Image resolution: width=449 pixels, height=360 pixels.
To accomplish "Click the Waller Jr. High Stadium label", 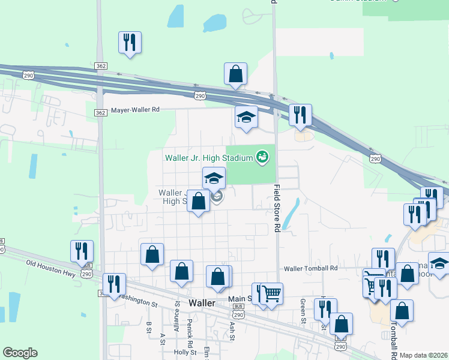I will click(x=208, y=158).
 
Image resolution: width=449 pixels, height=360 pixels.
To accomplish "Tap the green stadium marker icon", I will click(x=262, y=158).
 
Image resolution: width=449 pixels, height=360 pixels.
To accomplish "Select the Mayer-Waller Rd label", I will click(x=136, y=110).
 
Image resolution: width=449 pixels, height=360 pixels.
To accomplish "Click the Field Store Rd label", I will click(x=277, y=208).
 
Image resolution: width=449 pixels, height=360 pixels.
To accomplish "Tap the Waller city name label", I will click(x=202, y=303).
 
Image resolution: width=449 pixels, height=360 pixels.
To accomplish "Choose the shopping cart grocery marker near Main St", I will click(x=271, y=293).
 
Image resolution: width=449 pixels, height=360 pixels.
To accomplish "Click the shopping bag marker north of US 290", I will click(x=236, y=74).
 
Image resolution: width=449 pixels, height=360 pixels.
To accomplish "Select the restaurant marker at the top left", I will click(x=130, y=43).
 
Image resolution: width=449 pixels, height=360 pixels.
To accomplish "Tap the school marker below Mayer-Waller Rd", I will click(x=246, y=118).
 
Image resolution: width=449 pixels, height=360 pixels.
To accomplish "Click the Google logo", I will click(x=20, y=353).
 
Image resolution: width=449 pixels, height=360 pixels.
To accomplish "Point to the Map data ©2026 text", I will click(x=424, y=355).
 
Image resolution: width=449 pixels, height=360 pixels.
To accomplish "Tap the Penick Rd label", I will click(x=190, y=336).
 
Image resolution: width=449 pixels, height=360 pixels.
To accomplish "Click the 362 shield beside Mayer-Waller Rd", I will click(x=101, y=112).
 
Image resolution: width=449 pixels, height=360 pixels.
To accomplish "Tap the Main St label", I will click(x=239, y=299).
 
